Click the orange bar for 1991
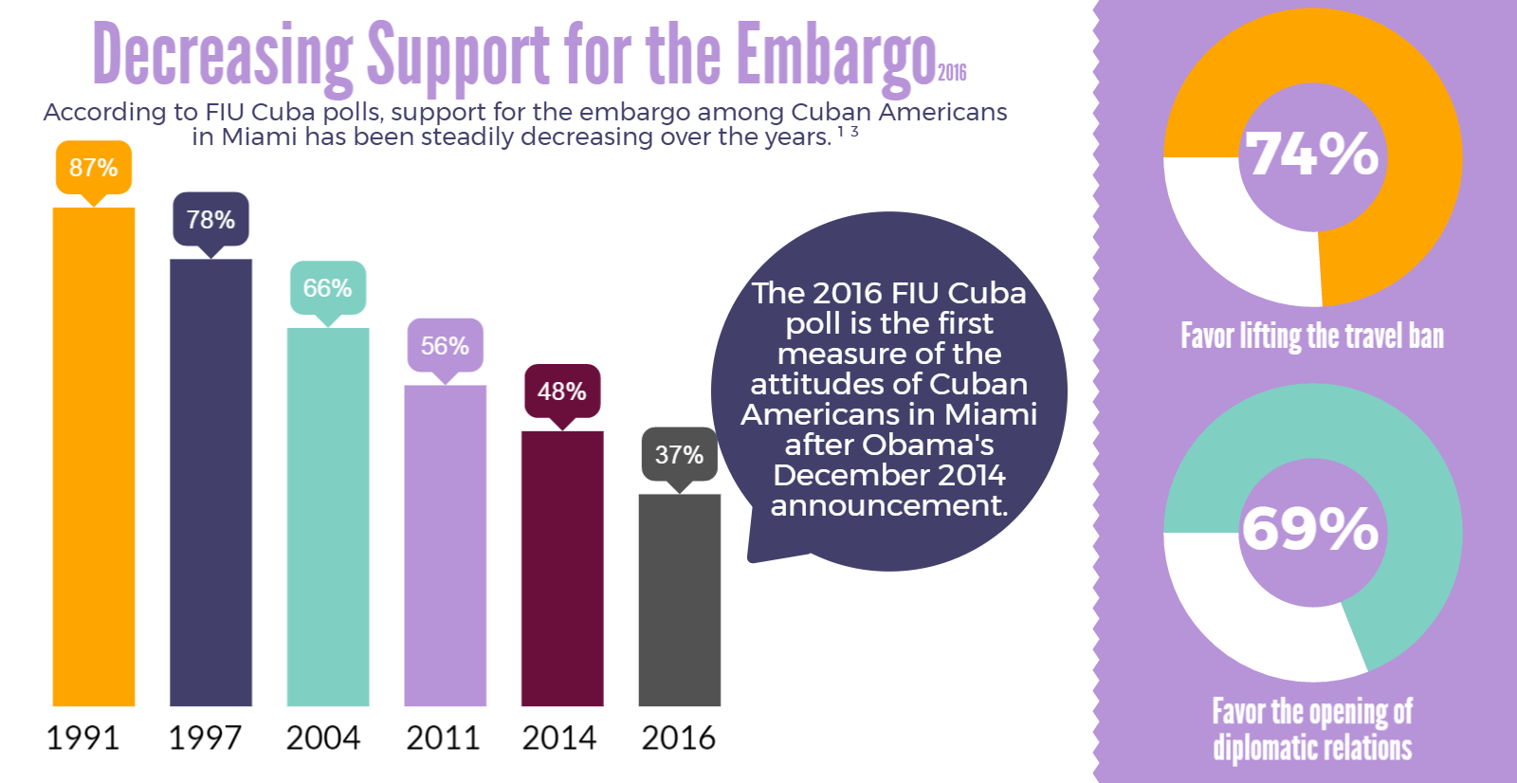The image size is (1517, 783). pyautogui.click(x=93, y=456)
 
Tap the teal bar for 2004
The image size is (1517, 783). pyautogui.click(x=327, y=517)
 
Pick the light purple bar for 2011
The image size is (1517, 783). pyautogui.click(x=445, y=545)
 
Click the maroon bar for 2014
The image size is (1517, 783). pyautogui.click(x=562, y=568)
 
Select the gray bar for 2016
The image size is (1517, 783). pyautogui.click(x=679, y=599)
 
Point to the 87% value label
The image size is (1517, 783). pyautogui.click(x=93, y=168)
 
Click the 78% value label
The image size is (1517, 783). pyautogui.click(x=210, y=220)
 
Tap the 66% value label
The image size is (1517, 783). pyautogui.click(x=327, y=288)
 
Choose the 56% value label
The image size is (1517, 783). pyautogui.click(x=445, y=346)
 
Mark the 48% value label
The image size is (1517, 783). pyautogui.click(x=562, y=391)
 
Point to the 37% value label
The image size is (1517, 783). pyautogui.click(x=679, y=455)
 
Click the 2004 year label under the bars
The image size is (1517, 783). pyautogui.click(x=323, y=737)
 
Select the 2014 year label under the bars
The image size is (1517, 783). pyautogui.click(x=559, y=737)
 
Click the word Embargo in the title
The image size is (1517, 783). pyautogui.click(x=835, y=55)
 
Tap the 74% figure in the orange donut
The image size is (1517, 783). pyautogui.click(x=1311, y=155)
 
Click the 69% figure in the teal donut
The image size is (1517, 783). pyautogui.click(x=1311, y=529)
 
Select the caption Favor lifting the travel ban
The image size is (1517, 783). pyautogui.click(x=1312, y=337)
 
